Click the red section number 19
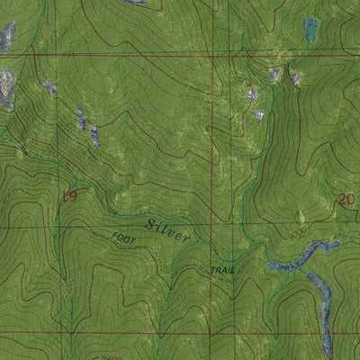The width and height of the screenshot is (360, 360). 68,195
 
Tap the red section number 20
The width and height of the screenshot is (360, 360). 346,200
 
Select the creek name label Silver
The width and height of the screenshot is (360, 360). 167,228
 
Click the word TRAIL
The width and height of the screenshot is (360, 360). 222,269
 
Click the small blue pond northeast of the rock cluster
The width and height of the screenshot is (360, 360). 310,29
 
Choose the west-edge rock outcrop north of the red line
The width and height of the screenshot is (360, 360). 7,36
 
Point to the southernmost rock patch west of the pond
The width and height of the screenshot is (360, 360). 259,115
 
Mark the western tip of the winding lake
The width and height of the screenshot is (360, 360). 269,266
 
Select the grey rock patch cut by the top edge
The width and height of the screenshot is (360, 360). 135,3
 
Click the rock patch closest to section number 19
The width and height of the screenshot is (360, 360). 94,137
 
